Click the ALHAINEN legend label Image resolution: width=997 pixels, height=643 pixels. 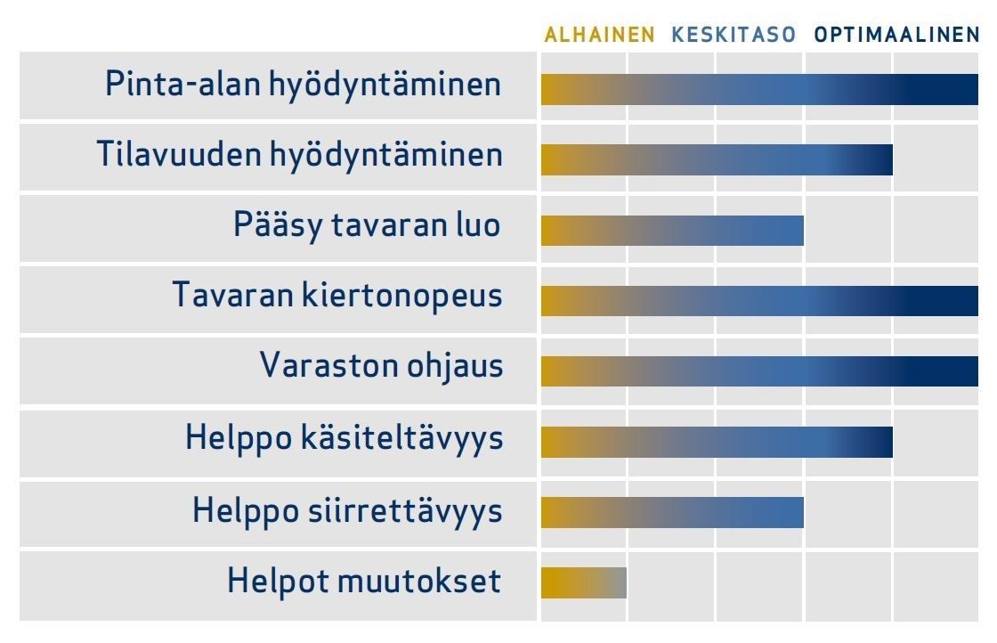coord(599,35)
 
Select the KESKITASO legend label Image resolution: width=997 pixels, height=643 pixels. coord(734,35)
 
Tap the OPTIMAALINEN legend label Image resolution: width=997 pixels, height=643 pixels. coord(896,35)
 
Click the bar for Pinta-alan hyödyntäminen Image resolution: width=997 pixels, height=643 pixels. coord(759,89)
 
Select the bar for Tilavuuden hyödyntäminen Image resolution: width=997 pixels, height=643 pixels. coord(717,159)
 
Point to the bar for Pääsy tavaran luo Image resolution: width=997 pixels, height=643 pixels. coord(672,231)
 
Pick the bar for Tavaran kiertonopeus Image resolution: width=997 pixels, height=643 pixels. coord(759,301)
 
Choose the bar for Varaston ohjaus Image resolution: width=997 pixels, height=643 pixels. coord(759,371)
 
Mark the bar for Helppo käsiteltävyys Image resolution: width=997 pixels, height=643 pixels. coord(717,442)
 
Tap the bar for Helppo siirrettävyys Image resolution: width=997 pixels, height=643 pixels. coord(672,513)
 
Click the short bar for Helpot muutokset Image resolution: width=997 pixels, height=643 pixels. coord(584,582)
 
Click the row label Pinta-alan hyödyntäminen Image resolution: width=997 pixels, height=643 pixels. coord(304,85)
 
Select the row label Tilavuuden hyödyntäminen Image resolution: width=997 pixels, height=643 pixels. coord(299,155)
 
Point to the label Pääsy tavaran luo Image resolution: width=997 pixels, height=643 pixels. coord(367,226)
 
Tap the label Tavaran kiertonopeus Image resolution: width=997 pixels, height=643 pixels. coord(337,297)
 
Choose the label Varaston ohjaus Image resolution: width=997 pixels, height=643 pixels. coord(382,367)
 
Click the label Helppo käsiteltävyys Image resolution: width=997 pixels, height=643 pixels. coord(344,439)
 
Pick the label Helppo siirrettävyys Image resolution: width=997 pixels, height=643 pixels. coord(348,511)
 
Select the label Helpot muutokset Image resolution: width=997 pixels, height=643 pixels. coord(364,582)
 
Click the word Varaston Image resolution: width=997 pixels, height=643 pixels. coord(329,366)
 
